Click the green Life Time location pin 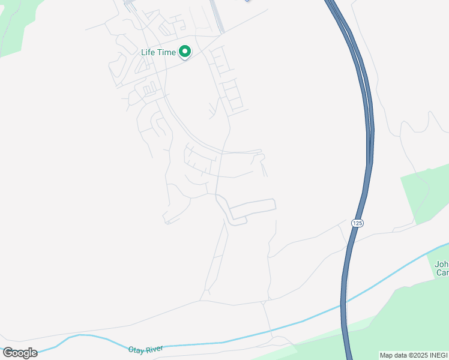point(185,52)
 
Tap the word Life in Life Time point(149,52)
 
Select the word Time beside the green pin point(167,52)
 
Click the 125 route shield point(358,223)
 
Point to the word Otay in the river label point(137,349)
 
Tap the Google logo point(20,353)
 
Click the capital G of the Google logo point(8,353)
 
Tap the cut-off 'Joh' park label point(441,263)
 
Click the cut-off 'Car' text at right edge point(442,273)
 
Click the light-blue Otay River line point(240,340)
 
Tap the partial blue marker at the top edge point(247,1)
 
